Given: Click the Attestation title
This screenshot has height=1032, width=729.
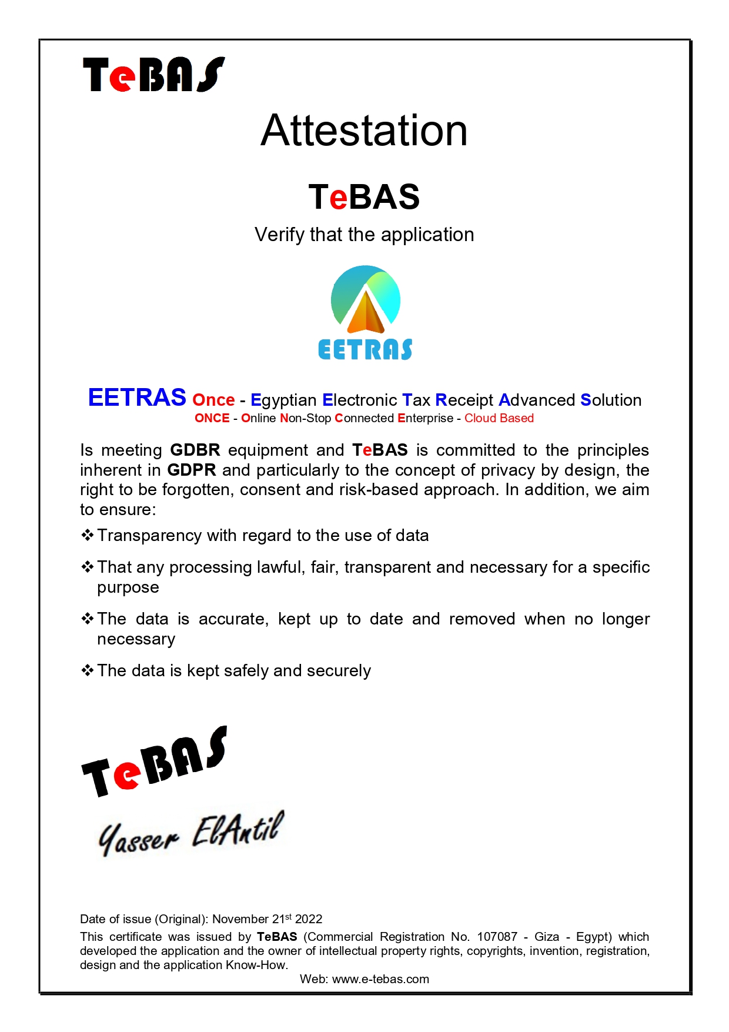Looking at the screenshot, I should (364, 131).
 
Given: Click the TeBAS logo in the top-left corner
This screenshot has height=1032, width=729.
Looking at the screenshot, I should (154, 75).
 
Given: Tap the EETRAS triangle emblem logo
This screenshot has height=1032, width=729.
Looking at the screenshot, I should (366, 300).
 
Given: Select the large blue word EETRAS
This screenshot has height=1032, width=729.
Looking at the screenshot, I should (137, 398).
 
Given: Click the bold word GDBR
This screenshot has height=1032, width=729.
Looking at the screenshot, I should (195, 450).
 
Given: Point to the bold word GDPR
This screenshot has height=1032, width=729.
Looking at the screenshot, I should (192, 470).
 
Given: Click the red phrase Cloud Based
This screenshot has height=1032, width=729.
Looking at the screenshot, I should (499, 418).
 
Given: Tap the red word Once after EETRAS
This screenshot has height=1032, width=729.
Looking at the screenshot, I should (213, 400).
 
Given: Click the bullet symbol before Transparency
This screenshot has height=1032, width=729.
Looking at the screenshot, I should (88, 535).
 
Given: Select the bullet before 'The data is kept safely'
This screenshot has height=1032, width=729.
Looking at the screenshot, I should (88, 670).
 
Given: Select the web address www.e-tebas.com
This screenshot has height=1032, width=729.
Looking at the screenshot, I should (380, 979).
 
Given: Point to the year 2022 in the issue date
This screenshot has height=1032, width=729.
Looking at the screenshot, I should (309, 919).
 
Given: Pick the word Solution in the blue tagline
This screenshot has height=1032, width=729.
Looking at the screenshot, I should (611, 400).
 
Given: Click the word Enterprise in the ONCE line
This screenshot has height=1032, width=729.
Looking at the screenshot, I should (426, 418).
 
